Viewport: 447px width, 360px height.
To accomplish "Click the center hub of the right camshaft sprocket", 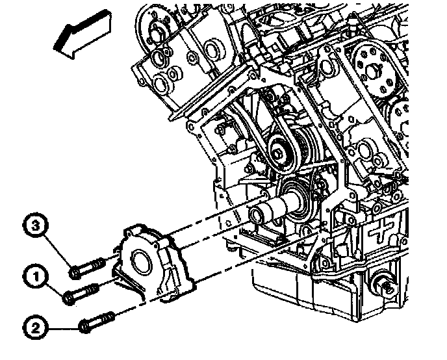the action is point(376,71).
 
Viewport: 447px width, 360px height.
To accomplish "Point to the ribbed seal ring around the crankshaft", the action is point(297,198).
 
